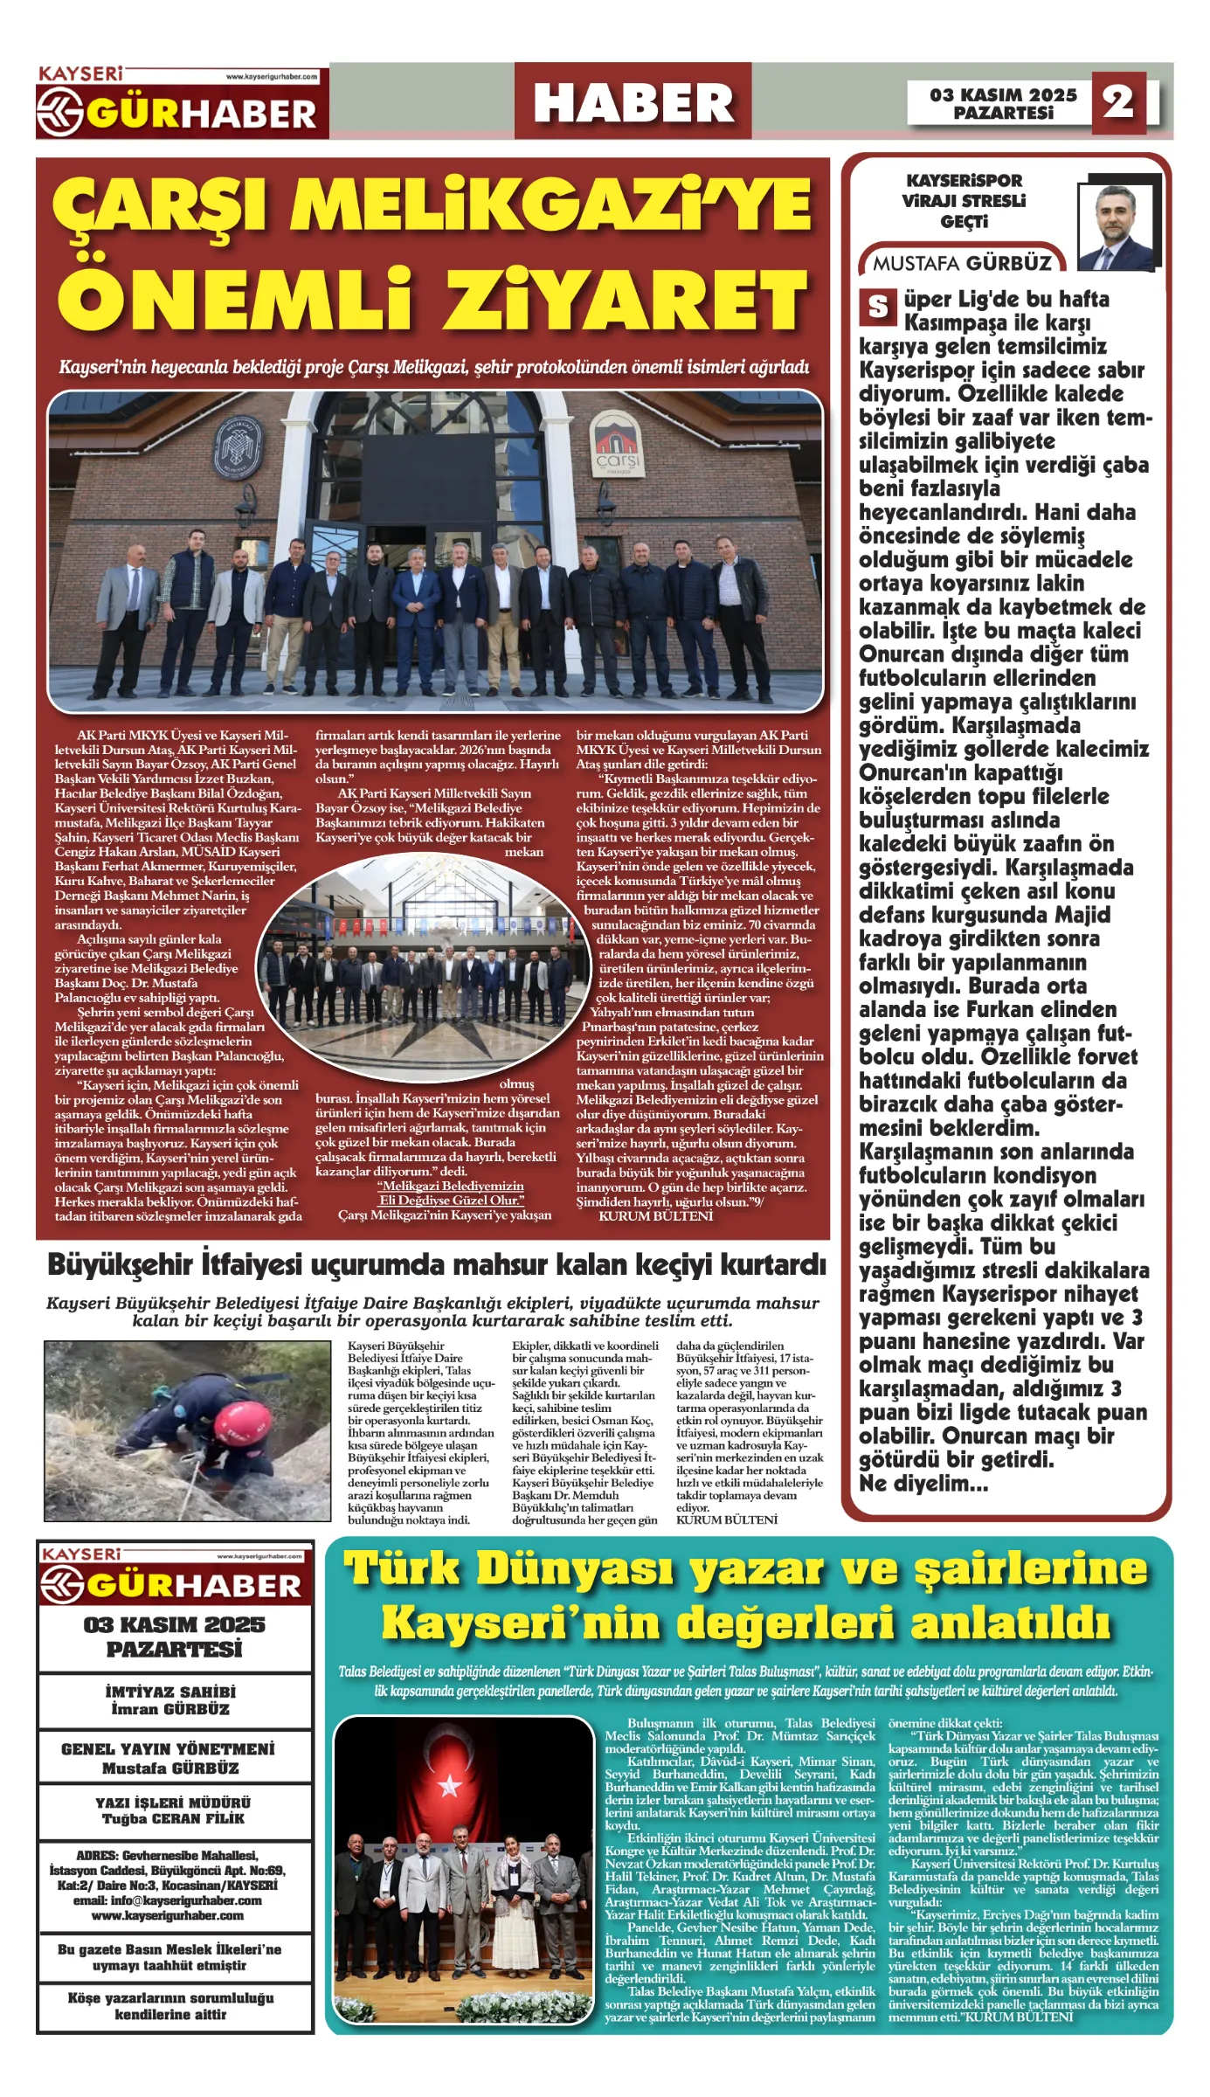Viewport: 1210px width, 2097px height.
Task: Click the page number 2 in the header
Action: [x=1118, y=102]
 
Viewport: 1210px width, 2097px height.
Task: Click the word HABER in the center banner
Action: [x=633, y=103]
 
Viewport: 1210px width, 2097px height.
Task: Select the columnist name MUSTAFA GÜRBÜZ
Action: [x=962, y=263]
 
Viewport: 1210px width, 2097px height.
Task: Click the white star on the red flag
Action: [x=449, y=1784]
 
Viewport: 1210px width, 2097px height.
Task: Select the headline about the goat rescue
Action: [x=436, y=1264]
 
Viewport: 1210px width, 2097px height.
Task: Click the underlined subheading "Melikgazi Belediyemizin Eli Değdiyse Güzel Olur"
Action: [x=451, y=1193]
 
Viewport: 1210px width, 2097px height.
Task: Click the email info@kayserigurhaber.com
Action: [x=167, y=1900]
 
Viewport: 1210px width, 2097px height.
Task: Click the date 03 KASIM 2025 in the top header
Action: [x=1003, y=94]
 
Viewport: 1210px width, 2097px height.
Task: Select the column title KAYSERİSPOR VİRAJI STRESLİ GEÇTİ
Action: [x=964, y=201]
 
